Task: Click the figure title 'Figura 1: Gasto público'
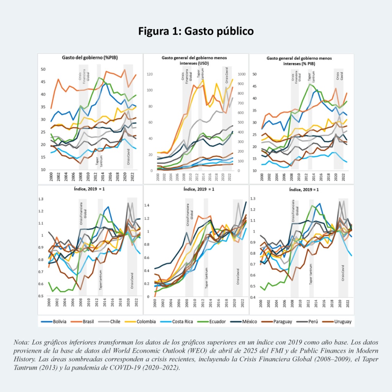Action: coord(196,31)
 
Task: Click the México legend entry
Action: coord(253,321)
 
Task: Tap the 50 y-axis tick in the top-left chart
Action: coord(43,69)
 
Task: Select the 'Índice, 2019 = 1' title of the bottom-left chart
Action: coord(90,189)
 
